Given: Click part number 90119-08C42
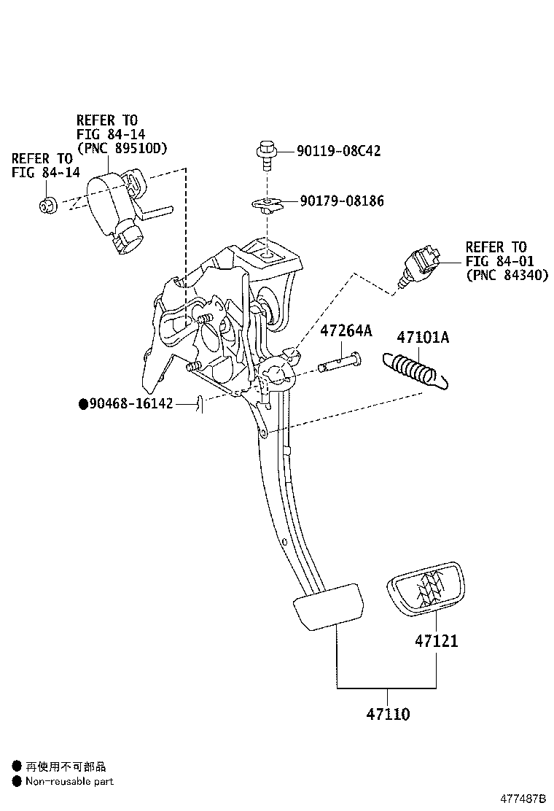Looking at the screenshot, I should click(x=338, y=151).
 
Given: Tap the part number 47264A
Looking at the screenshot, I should click(x=346, y=332).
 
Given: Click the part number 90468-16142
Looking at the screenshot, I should click(x=131, y=403).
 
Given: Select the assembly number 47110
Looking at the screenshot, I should click(x=387, y=714).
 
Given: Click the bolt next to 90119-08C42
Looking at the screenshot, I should click(x=265, y=155).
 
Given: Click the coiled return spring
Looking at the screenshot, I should click(x=414, y=367).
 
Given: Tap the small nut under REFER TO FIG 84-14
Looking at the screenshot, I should click(x=47, y=205).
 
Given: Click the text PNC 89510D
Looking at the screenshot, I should click(x=122, y=148).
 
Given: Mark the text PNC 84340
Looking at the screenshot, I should click(x=507, y=275).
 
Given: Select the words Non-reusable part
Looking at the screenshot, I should click(x=69, y=781).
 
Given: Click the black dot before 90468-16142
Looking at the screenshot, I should click(x=83, y=403).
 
